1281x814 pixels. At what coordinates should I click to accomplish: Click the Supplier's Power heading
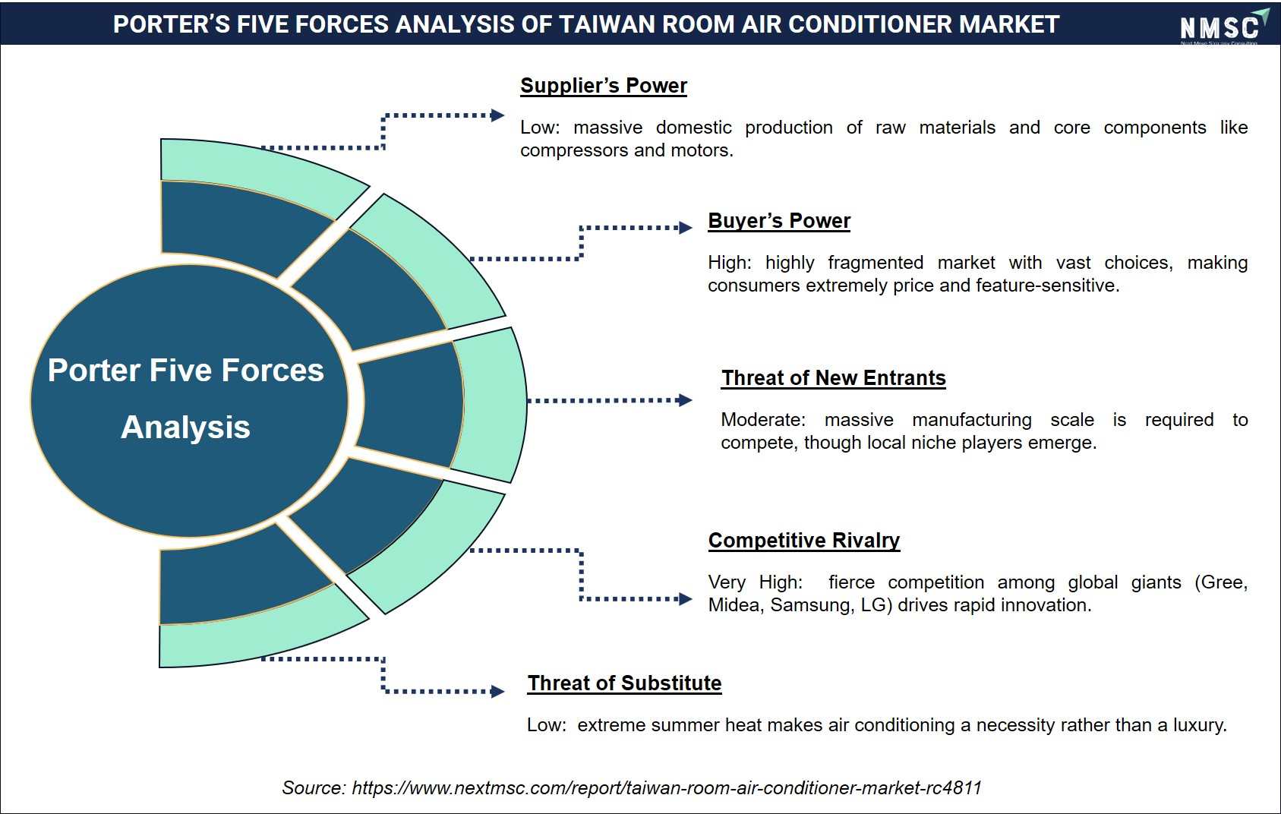[x=604, y=86]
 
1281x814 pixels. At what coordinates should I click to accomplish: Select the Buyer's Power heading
[x=779, y=221]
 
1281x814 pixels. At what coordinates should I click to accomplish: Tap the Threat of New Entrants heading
[x=833, y=378]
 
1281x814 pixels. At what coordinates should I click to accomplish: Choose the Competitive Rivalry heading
[x=803, y=541]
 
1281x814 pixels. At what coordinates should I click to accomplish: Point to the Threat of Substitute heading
[x=624, y=683]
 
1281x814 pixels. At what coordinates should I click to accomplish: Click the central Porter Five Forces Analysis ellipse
[x=189, y=400]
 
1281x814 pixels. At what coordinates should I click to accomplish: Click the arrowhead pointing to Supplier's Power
[x=497, y=115]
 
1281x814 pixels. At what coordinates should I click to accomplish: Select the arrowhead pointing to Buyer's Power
[x=685, y=228]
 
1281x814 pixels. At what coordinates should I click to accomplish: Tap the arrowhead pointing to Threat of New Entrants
[x=685, y=400]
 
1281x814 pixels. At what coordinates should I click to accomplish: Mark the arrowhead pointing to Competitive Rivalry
[x=685, y=599]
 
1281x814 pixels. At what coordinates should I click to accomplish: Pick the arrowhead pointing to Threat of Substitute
[x=497, y=691]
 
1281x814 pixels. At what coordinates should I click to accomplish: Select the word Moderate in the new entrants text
[x=763, y=420]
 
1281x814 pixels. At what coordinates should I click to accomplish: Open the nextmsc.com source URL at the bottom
[x=666, y=788]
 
